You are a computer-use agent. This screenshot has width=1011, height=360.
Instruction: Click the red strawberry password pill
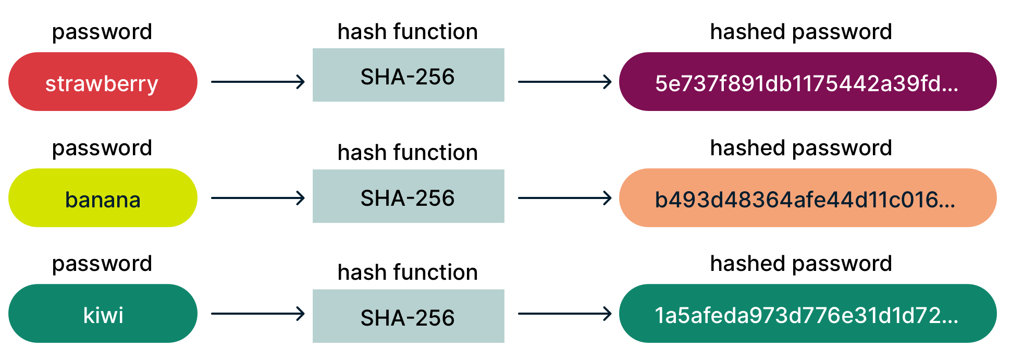(103, 81)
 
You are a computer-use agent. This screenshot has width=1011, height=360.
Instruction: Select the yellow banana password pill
(103, 197)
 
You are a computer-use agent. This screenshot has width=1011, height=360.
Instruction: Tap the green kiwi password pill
(103, 313)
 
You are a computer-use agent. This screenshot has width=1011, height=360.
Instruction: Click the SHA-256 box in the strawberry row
(409, 75)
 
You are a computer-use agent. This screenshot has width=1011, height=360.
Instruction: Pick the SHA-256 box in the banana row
(409, 196)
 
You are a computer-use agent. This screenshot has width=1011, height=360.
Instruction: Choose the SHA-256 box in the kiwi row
(409, 316)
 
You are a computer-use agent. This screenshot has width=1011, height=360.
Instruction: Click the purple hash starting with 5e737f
(808, 81)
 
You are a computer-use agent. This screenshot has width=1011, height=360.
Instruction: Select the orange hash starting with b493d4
(808, 197)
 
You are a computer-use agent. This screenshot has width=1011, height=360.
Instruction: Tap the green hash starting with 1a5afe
(808, 313)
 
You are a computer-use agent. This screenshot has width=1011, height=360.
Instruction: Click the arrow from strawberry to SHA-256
(258, 82)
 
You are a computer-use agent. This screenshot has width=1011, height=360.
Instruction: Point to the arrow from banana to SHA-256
(258, 198)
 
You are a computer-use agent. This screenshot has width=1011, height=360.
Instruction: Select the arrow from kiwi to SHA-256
(258, 314)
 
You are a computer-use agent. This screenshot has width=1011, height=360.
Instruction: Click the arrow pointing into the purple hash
(565, 82)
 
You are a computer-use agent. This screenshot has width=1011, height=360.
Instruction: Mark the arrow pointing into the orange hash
(565, 198)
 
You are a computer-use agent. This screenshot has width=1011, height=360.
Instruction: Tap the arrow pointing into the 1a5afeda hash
(565, 314)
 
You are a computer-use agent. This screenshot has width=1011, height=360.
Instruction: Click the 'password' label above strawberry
(102, 32)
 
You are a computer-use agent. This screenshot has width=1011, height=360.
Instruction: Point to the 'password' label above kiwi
(102, 264)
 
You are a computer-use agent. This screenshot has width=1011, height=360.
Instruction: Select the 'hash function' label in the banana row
(408, 153)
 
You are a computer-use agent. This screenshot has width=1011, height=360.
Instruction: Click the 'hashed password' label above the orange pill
(801, 148)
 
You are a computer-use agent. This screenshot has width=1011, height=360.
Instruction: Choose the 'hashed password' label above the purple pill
(801, 32)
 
